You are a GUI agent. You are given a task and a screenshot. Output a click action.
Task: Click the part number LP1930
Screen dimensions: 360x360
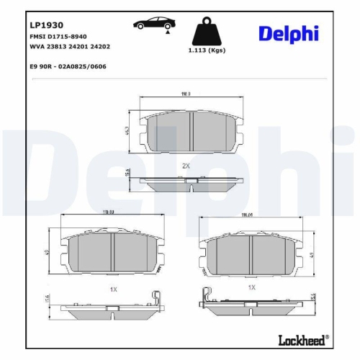click(x=45, y=24)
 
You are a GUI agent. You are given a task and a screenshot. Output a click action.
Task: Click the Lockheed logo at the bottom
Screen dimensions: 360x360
click(x=302, y=338)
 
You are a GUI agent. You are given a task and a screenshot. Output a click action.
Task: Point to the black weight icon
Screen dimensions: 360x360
click(x=204, y=32)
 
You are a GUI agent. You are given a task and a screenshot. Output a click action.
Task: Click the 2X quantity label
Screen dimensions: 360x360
click(x=186, y=166)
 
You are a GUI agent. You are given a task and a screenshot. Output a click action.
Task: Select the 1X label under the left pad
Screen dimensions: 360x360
click(x=113, y=288)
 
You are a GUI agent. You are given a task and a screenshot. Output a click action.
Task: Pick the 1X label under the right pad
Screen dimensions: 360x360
click(x=252, y=287)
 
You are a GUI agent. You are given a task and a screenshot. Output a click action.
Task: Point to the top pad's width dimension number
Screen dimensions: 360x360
click(x=185, y=94)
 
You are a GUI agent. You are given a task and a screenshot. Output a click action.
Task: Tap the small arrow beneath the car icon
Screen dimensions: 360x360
click(x=167, y=32)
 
